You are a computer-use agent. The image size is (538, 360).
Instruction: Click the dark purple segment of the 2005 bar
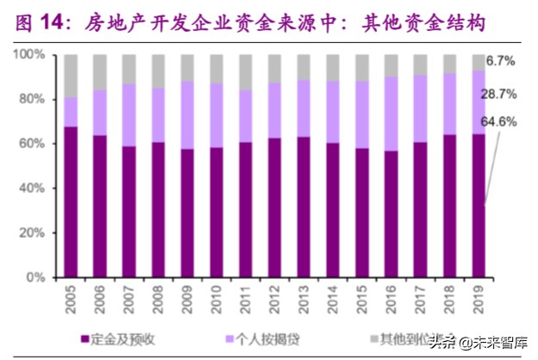click(71, 202)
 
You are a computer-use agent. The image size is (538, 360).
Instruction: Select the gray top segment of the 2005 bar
click(71, 76)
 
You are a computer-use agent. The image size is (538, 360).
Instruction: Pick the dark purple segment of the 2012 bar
click(275, 207)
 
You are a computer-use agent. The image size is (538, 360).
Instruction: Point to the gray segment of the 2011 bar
click(246, 72)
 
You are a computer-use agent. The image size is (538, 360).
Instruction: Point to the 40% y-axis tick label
click(32, 189)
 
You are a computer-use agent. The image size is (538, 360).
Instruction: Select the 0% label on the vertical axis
click(35, 277)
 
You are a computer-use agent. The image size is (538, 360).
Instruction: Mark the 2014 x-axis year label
click(334, 299)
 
